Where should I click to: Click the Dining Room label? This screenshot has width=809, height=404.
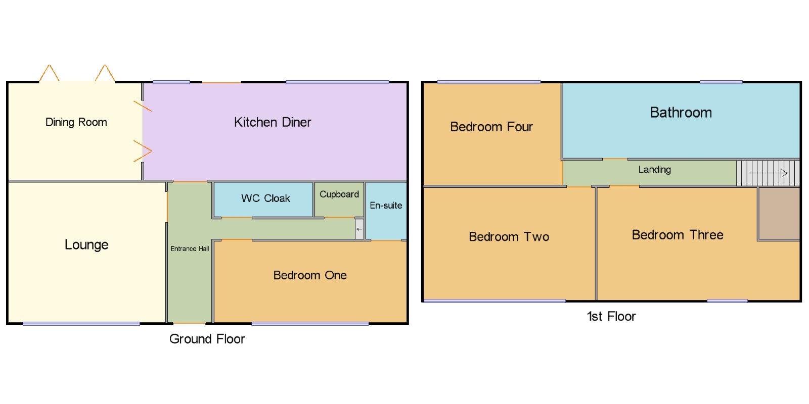(76, 122)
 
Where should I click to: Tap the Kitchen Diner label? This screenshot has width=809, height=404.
(273, 122)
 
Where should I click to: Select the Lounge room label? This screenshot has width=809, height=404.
(86, 245)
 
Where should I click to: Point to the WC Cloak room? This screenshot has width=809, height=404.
(265, 198)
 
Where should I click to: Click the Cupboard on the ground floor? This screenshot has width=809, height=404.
(339, 194)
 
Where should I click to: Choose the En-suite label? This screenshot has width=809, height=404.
(386, 206)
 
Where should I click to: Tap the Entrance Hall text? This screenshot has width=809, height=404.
(190, 248)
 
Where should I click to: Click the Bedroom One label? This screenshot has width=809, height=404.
(310, 275)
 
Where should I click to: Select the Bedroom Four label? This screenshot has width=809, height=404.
(491, 127)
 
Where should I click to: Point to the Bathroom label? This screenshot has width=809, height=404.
(681, 113)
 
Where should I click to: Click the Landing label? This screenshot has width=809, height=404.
(654, 170)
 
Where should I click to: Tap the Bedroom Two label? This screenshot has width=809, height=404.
(509, 237)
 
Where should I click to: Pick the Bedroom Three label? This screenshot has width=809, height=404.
(678, 235)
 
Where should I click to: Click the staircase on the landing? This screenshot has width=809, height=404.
(768, 173)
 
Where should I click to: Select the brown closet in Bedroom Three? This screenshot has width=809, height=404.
(779, 214)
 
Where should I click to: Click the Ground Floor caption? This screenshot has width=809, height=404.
(207, 339)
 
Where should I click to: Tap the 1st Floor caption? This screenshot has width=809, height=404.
(611, 317)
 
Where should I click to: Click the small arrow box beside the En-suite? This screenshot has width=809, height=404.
(359, 229)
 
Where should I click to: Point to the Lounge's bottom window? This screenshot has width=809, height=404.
(81, 324)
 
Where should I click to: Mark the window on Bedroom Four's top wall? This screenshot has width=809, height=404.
(488, 82)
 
